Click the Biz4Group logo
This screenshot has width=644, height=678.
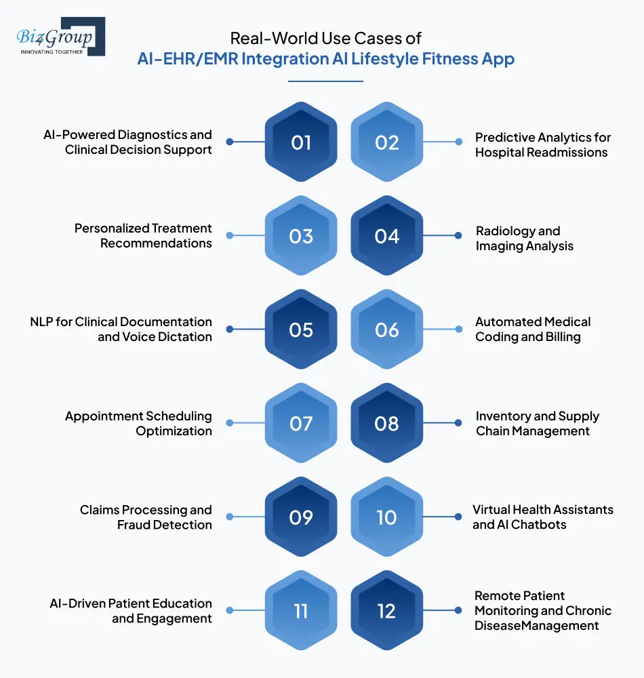(60, 37)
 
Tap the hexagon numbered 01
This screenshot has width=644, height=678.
(301, 142)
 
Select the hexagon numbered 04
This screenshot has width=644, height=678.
(386, 236)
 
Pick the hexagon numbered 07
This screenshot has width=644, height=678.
(301, 424)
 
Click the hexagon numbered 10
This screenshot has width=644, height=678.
(386, 517)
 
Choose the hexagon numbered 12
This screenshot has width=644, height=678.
(386, 611)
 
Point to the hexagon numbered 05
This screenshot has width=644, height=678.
(301, 330)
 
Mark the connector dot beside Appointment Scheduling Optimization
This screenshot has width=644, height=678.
(230, 423)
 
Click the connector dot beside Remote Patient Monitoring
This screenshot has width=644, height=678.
(459, 610)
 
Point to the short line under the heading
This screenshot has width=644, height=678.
(325, 81)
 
